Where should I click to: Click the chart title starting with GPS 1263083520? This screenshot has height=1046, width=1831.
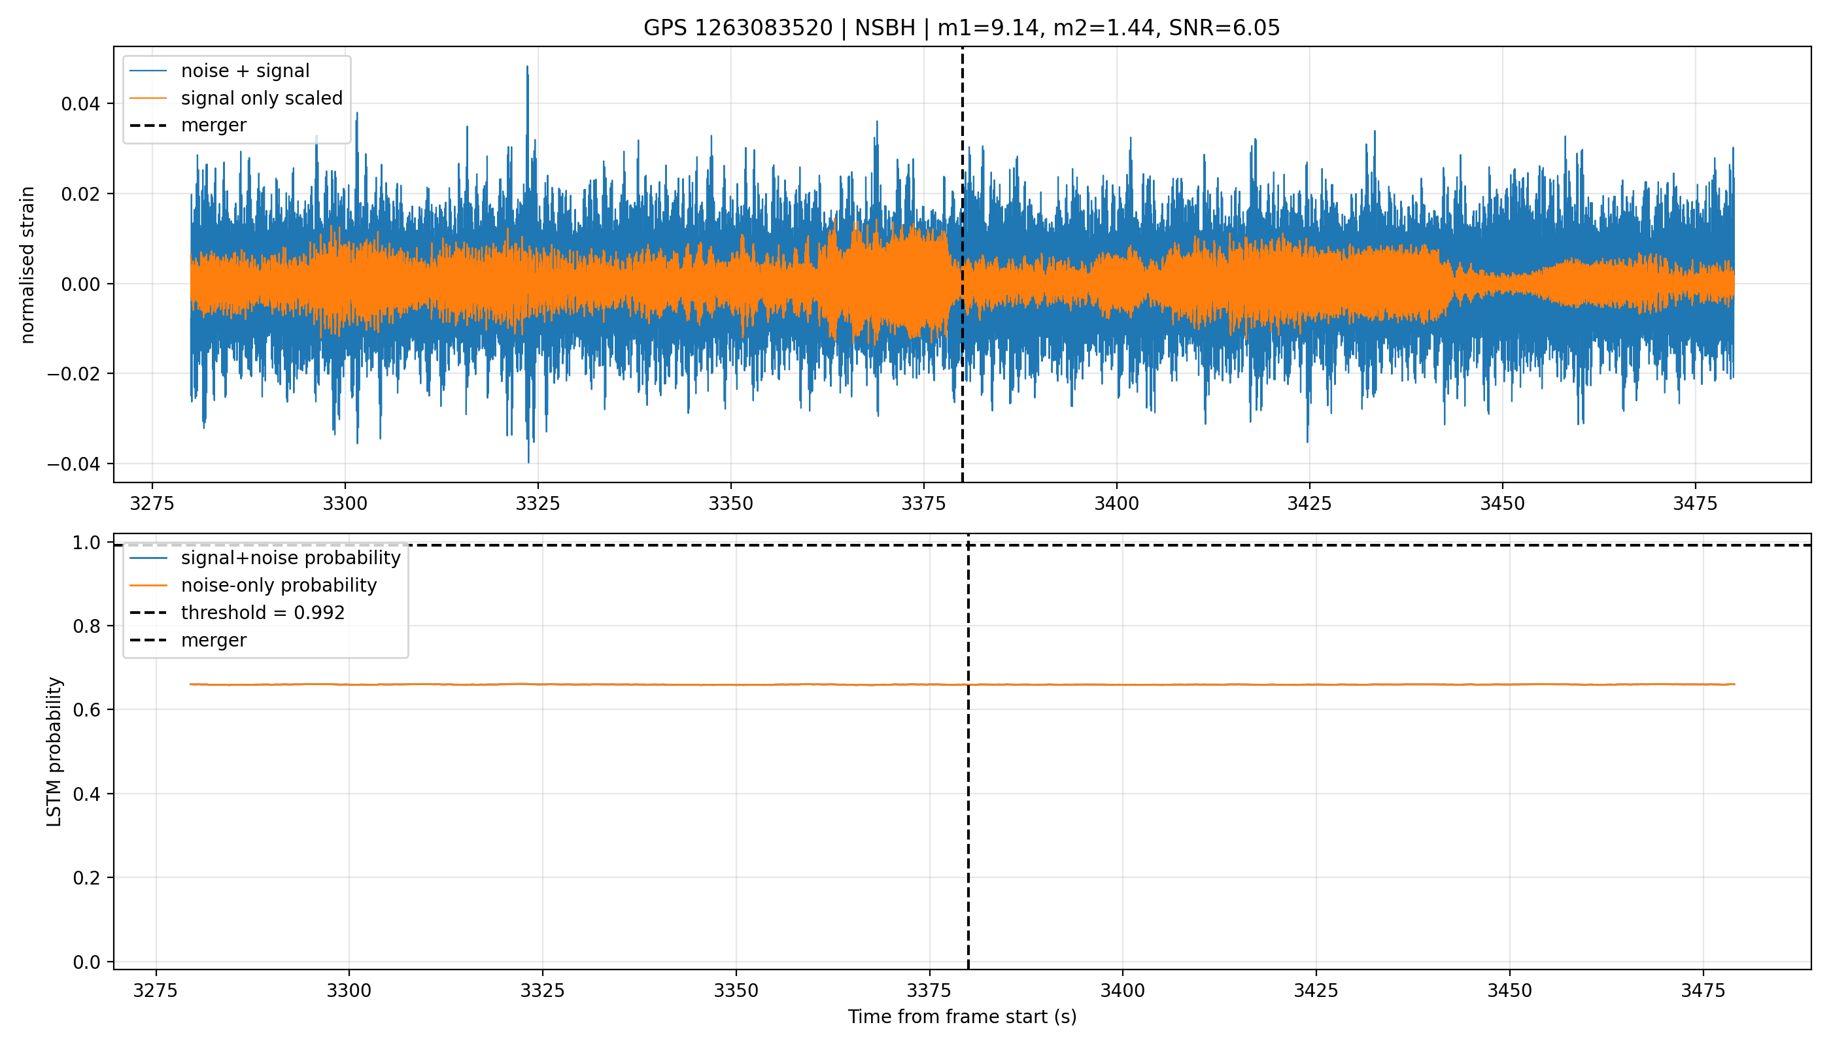click(961, 28)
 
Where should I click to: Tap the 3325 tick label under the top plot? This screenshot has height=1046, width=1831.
click(538, 503)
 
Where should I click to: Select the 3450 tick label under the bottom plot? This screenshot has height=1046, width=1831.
click(1509, 990)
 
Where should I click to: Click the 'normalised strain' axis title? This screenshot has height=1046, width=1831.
click(27, 265)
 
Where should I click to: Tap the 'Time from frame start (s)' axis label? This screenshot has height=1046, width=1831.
click(961, 1017)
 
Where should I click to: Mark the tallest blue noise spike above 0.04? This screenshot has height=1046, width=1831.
click(528, 67)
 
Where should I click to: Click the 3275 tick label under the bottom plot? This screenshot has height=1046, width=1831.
click(156, 990)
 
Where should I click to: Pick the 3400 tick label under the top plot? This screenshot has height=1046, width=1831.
click(1117, 503)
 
